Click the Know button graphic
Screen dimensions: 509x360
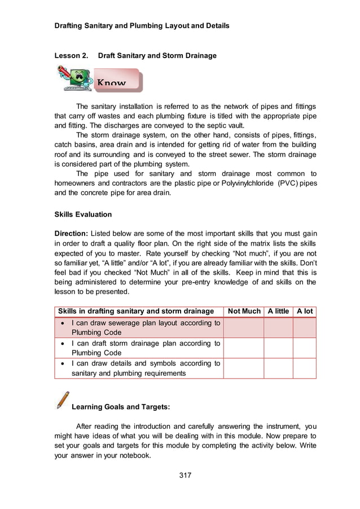116,80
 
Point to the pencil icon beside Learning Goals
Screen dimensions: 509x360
63,400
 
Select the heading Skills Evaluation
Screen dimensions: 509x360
83,214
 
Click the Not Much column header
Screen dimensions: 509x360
244,311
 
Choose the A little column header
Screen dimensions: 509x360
278,311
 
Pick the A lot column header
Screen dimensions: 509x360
304,311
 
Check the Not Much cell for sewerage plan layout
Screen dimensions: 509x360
244,328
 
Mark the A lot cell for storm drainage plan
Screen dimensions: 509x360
304,348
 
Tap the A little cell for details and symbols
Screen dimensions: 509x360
278,368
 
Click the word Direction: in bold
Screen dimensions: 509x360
72,234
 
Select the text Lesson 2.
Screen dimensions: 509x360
71,56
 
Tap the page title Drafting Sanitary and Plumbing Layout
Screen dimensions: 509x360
142,26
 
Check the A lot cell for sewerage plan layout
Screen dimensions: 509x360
304,328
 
